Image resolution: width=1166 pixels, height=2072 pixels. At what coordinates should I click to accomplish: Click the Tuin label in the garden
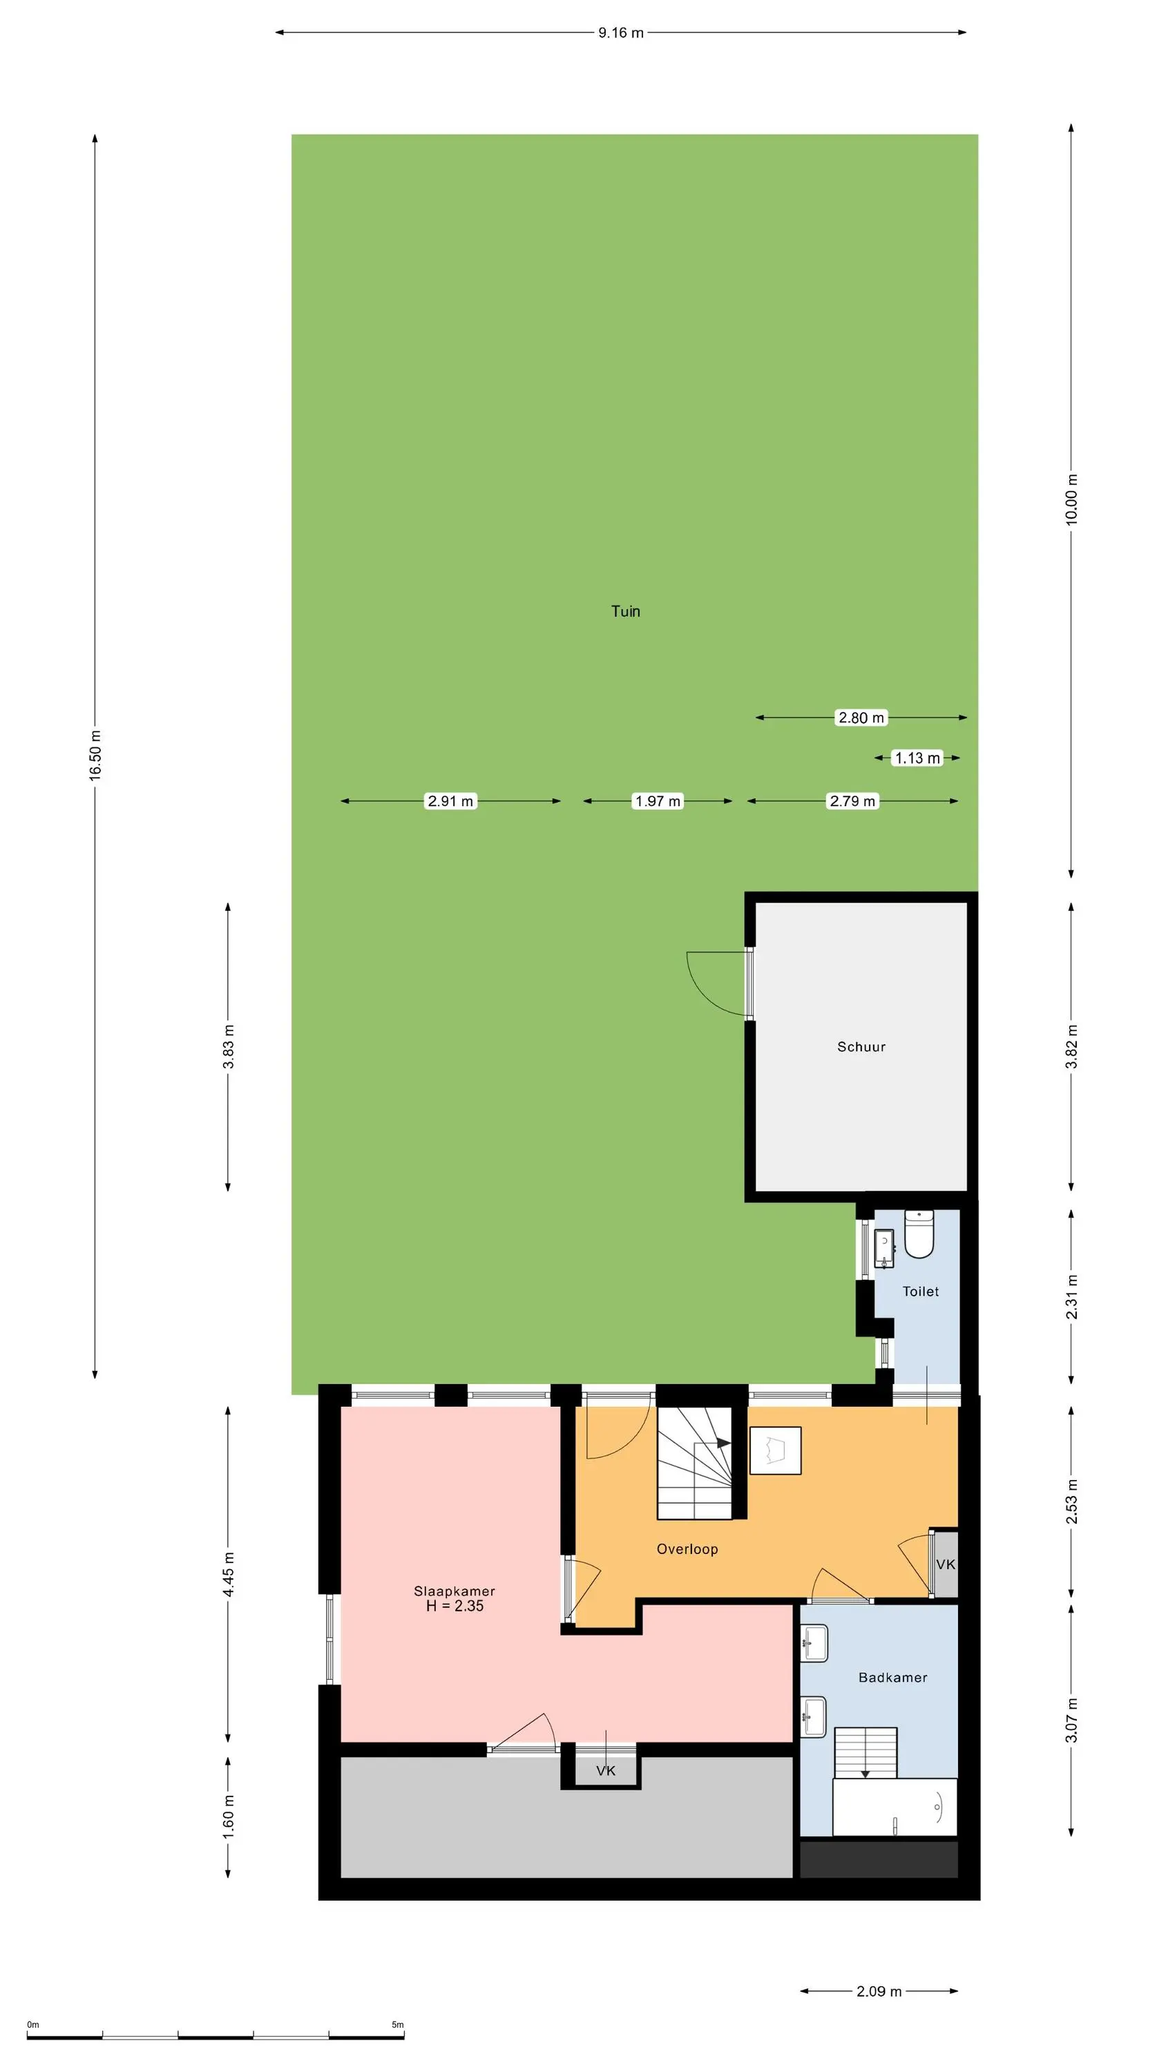coord(625,611)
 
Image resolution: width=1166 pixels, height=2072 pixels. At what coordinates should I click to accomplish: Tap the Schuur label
coord(861,1046)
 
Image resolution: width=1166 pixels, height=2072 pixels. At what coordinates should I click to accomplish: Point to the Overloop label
coord(687,1549)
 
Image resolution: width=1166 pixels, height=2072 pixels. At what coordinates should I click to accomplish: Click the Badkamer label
coord(892,1678)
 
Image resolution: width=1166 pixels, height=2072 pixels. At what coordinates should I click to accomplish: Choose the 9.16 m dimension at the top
coord(620,33)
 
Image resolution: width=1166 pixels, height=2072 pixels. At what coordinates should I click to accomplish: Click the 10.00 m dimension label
coord(1071,499)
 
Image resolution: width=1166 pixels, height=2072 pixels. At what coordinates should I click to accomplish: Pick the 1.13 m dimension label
coord(917,758)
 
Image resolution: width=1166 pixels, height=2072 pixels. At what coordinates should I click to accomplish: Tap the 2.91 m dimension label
coord(450,801)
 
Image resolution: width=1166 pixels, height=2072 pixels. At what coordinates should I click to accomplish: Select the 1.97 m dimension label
coord(658,801)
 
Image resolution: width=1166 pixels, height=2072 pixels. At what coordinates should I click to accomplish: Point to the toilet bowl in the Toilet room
coord(918,1234)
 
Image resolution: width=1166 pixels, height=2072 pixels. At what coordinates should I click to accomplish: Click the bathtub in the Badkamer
coord(894,1807)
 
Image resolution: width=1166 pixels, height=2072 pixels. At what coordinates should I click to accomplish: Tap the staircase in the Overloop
coord(694,1463)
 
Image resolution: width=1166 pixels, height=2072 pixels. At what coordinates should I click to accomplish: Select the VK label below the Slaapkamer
coord(606,1770)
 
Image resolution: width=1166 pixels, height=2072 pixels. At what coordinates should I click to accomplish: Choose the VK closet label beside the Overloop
coord(946,1564)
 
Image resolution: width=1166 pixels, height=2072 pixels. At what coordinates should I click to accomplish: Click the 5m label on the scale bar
coord(397,2024)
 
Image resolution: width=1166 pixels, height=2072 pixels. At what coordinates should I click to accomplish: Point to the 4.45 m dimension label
coord(229,1574)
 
